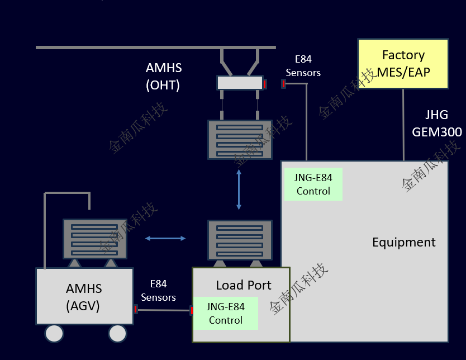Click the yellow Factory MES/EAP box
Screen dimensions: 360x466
tap(403, 64)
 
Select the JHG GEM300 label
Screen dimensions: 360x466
tap(437, 124)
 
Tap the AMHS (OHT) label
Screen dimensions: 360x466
tap(164, 77)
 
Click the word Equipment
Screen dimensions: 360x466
tap(403, 242)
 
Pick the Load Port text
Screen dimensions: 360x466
tap(244, 285)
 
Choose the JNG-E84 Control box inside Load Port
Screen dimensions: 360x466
tap(226, 314)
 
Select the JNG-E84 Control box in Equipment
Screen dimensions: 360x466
tap(313, 184)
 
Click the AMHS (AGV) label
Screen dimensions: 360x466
tap(84, 297)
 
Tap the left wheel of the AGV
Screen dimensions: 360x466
tap(54, 334)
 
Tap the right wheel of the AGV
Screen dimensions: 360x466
tap(117, 334)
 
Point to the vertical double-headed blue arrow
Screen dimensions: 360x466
tap(239, 189)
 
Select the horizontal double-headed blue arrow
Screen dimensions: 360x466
tap(165, 239)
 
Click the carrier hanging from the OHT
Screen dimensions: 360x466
tap(240, 140)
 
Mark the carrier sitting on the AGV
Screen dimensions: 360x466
tap(95, 238)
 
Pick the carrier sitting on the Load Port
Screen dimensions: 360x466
tap(240, 240)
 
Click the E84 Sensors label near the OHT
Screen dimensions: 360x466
tap(303, 66)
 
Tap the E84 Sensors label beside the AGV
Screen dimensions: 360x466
tap(158, 291)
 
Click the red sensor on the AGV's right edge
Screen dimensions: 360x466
tap(136, 309)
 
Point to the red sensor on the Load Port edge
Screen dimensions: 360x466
tap(192, 310)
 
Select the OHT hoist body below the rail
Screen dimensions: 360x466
tap(240, 83)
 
